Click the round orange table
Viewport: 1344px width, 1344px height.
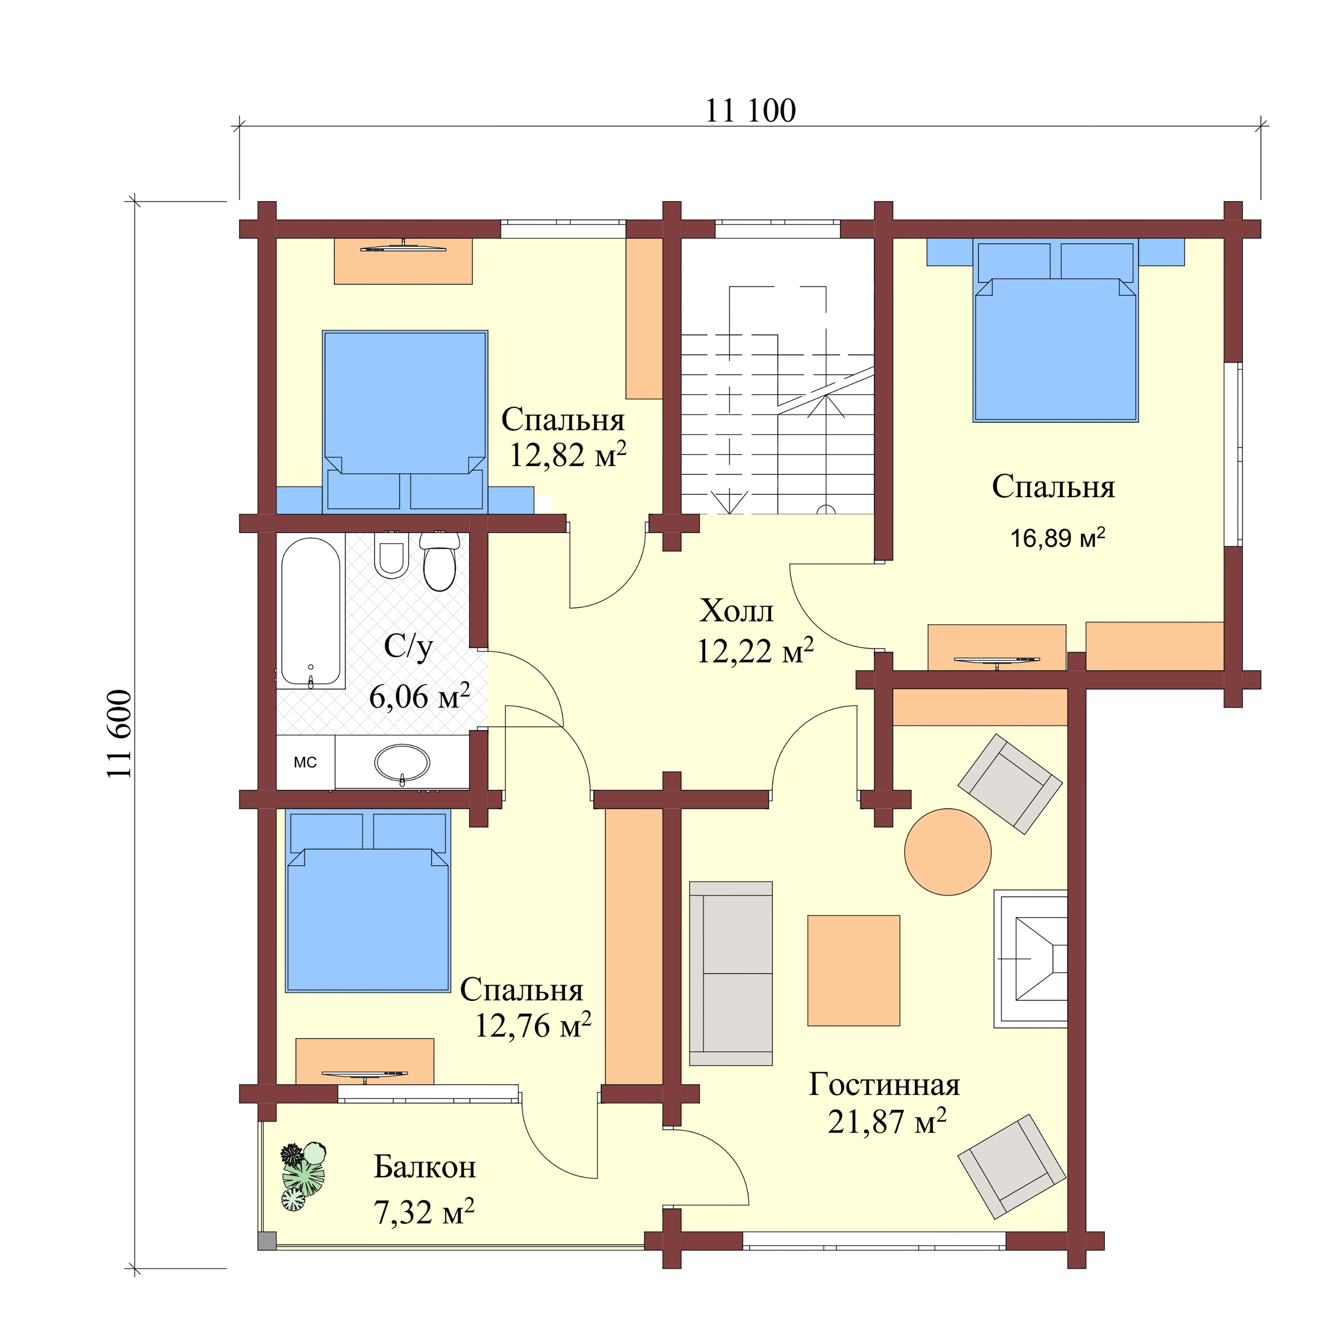pos(947,852)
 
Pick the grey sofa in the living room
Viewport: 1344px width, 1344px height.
pos(730,973)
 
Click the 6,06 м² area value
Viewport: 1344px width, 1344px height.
pos(419,696)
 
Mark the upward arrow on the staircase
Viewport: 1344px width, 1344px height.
pos(826,407)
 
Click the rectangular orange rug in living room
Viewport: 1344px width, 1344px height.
pos(854,971)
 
